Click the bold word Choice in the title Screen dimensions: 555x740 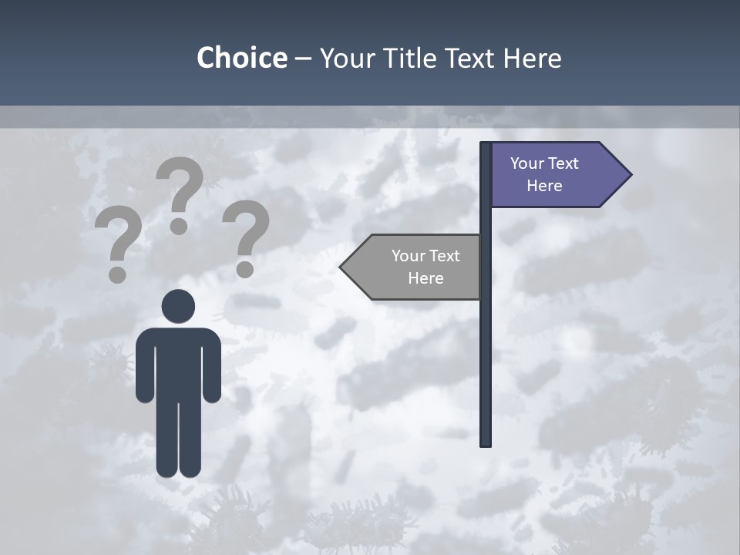[241, 58]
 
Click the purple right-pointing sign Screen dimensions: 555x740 [555, 175]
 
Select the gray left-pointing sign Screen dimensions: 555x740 [416, 267]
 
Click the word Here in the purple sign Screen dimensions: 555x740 [544, 186]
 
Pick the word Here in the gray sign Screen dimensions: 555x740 [425, 278]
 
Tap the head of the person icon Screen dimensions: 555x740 [178, 306]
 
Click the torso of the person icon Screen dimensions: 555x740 [178, 362]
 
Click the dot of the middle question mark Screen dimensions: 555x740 [179, 225]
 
